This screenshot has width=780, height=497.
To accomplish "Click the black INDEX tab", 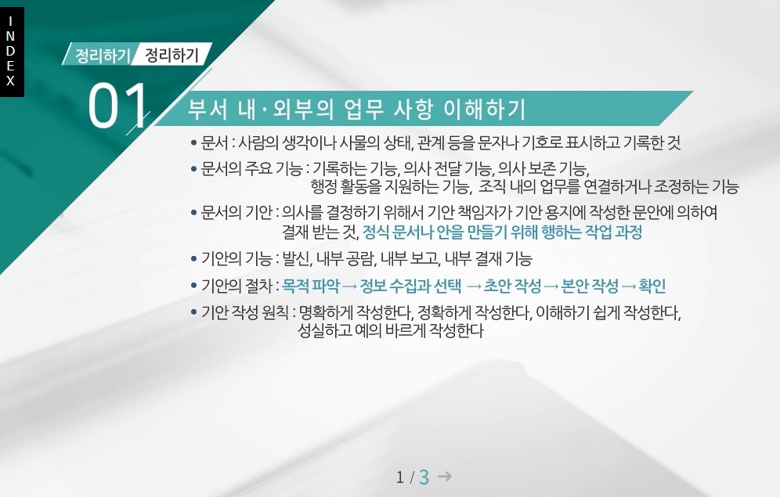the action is click(12, 52).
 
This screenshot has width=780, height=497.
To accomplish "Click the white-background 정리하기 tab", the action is click(172, 55).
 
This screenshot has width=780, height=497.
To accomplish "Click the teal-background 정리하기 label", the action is click(102, 55).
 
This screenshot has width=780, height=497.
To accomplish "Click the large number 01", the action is click(117, 106).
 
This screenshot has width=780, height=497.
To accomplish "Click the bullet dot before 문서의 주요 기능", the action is click(194, 170).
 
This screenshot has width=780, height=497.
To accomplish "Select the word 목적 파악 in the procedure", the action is click(311, 286).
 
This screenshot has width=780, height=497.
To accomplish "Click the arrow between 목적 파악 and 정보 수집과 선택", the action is click(350, 286).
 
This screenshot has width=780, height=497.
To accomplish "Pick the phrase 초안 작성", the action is click(512, 286).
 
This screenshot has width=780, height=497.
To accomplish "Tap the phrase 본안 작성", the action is click(590, 286).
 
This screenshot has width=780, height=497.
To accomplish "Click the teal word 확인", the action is click(652, 286).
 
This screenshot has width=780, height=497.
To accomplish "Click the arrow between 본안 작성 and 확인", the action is click(629, 286).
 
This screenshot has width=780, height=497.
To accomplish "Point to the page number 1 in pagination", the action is click(400, 477).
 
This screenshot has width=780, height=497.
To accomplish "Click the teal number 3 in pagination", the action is click(424, 477).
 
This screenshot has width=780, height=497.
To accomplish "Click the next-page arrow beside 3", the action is click(445, 476).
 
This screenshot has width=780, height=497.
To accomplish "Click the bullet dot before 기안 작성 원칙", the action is click(194, 312).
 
